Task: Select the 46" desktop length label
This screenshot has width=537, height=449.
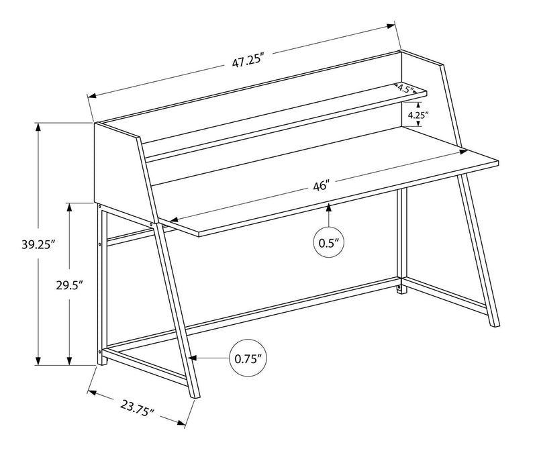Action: (320, 187)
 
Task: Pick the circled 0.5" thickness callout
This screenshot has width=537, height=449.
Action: (329, 242)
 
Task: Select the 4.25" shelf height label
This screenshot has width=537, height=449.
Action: (418, 115)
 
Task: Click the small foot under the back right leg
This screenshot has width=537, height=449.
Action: (401, 289)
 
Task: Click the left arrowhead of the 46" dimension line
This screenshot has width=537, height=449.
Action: (172, 220)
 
